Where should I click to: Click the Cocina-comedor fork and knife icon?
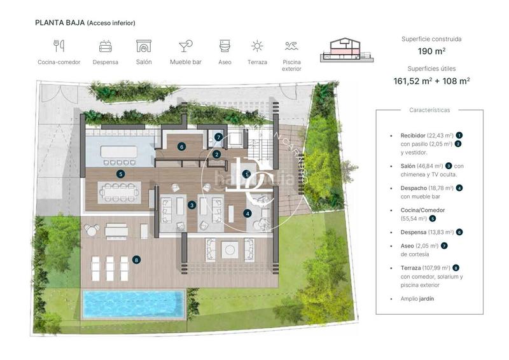[x=59, y=46]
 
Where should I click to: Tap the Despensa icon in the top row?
[x=106, y=46]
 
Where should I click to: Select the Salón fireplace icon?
[x=144, y=46]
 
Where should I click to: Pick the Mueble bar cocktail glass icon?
[x=185, y=46]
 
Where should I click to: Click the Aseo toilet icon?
[x=224, y=46]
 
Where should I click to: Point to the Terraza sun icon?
[x=257, y=46]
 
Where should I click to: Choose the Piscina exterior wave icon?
[x=291, y=46]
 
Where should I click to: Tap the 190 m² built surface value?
[x=431, y=52]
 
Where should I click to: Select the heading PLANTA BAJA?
[x=59, y=23]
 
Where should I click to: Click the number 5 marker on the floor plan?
[x=121, y=174]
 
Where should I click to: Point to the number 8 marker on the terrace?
[x=136, y=260]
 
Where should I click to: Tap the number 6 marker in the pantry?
[x=182, y=146]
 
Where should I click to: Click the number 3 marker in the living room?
[x=192, y=205]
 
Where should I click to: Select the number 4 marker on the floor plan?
[x=247, y=214]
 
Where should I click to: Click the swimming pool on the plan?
[x=134, y=304]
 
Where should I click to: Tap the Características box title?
[x=429, y=110]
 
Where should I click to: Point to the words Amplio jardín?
[x=417, y=298]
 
